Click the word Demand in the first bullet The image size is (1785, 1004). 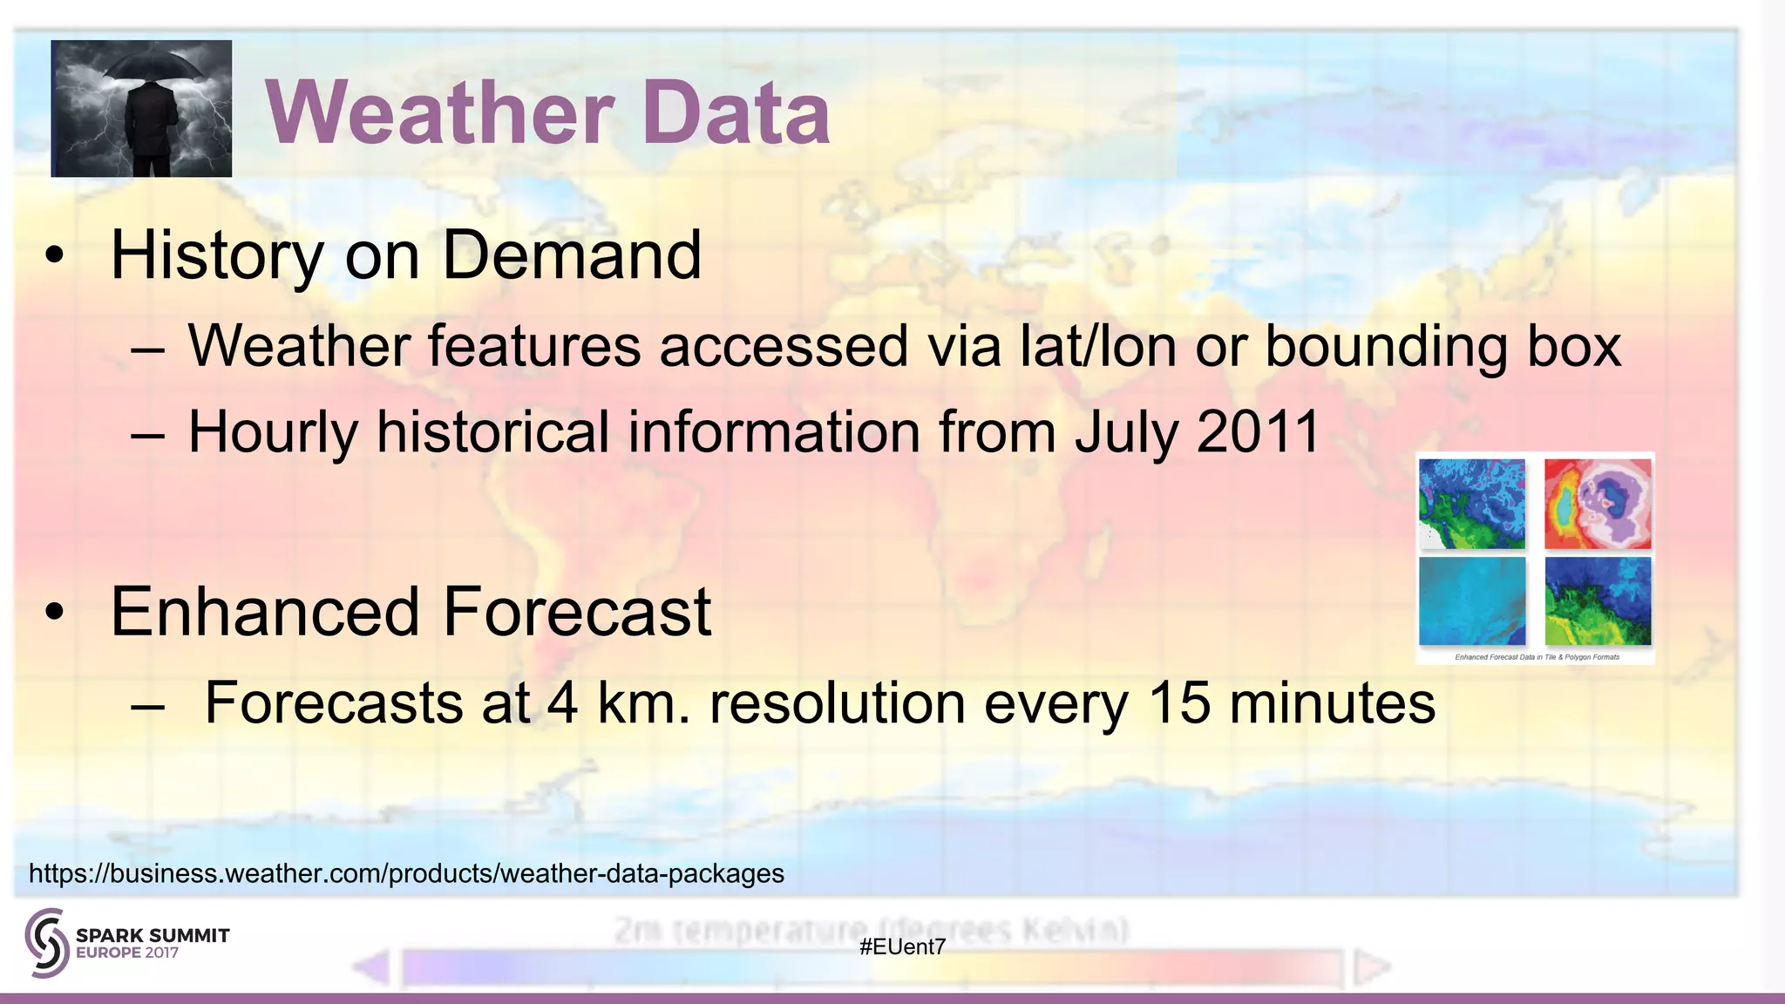point(571,255)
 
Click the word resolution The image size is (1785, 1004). point(838,703)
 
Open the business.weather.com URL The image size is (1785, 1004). point(406,873)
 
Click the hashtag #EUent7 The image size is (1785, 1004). point(902,947)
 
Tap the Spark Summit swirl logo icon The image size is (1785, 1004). point(47,942)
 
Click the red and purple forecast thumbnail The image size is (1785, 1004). point(1597,505)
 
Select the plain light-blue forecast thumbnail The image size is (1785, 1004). point(1472,601)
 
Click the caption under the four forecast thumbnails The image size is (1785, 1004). point(1537,657)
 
